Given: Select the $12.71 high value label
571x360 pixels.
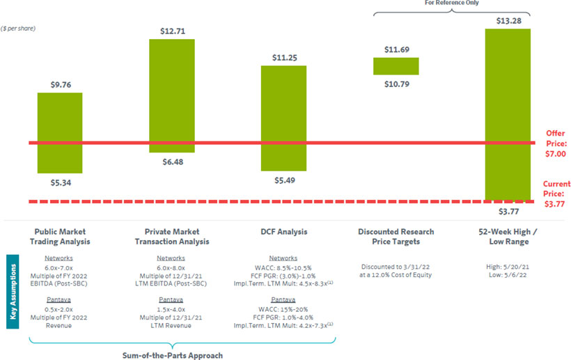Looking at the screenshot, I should (171, 31).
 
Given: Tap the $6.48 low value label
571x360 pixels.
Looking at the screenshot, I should (171, 162).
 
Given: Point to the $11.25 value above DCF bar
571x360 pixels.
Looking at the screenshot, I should (283, 58).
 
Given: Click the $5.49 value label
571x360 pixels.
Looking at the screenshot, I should (283, 180).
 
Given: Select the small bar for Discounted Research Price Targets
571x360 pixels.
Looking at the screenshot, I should (396, 65).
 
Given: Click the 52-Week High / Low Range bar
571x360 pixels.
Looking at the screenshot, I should (508, 111).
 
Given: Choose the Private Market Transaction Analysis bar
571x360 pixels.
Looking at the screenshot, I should (171, 95).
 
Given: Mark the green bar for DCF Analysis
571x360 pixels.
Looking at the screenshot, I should (283, 118).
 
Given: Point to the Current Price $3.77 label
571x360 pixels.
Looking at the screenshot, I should (556, 194).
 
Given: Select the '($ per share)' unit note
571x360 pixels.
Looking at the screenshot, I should (19, 29).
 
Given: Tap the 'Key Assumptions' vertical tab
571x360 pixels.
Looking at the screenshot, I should (13, 291).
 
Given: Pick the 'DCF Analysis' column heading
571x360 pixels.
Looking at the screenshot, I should (283, 232).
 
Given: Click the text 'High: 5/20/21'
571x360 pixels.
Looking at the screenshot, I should (508, 267).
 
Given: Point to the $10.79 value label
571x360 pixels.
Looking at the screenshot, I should (396, 84).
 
